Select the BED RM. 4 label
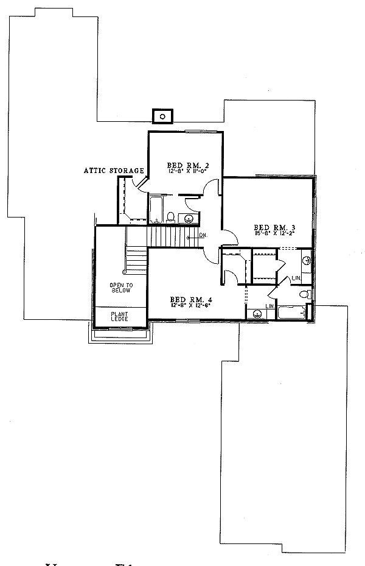pos(187,299)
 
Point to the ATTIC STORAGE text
pos(114,171)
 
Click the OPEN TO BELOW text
pos(120,288)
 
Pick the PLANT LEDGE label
pos(119,317)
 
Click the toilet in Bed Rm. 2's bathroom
pos(172,216)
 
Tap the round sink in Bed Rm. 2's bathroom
pos(189,218)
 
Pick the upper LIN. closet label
pos(296,278)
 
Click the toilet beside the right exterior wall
pos(305,295)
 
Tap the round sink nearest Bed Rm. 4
pos(257,314)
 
